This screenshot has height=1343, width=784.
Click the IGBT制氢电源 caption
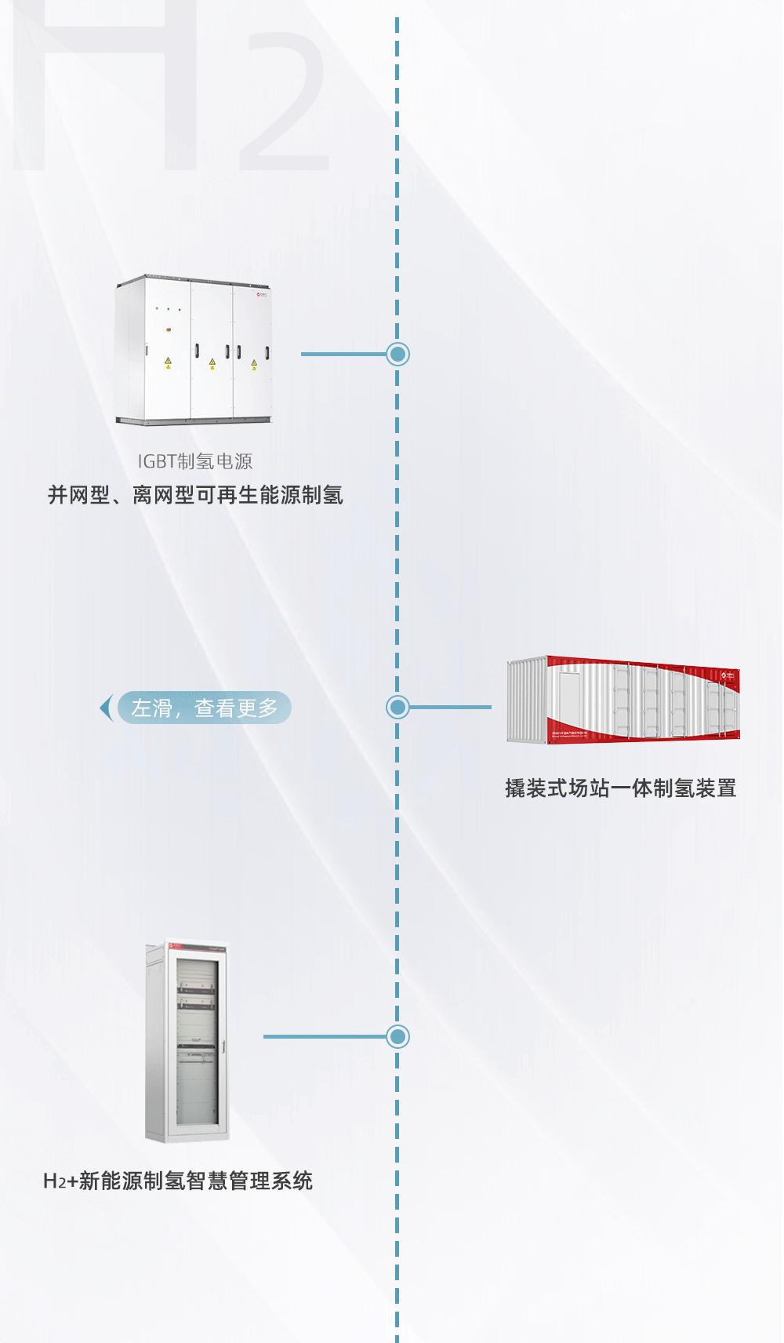[195, 461]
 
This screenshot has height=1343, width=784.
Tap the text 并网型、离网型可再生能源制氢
[195, 495]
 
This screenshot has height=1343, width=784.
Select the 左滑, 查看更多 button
[204, 708]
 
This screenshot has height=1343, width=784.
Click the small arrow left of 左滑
[106, 708]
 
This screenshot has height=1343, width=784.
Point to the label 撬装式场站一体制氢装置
[620, 788]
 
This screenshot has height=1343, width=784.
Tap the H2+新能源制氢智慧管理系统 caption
[178, 1181]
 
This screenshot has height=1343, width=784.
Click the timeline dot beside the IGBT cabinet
[398, 354]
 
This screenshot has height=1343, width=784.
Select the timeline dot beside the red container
[398, 707]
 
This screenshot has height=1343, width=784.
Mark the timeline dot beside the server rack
[398, 1036]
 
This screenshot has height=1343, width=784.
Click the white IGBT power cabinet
[193, 350]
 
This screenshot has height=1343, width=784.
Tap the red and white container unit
[623, 700]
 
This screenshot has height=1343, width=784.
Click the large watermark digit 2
[284, 102]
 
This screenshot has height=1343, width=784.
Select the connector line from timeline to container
[450, 707]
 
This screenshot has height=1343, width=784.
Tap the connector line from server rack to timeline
[325, 1036]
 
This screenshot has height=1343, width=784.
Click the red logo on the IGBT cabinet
[262, 296]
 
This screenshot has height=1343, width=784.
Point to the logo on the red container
[728, 675]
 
